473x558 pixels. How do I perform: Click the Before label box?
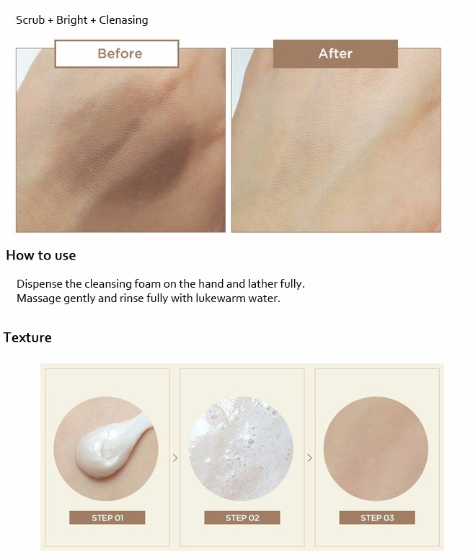click(x=117, y=54)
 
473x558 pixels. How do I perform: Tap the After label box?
click(x=335, y=54)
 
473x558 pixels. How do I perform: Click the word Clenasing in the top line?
click(x=123, y=20)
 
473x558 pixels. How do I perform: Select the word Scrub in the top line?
click(x=30, y=20)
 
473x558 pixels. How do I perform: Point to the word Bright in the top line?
click(x=71, y=20)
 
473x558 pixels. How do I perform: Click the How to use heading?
click(x=41, y=255)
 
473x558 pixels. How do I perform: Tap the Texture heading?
click(x=27, y=337)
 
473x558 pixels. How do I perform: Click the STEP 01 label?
click(x=107, y=518)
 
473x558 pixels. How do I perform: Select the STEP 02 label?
click(x=242, y=518)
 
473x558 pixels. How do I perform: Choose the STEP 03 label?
click(x=377, y=518)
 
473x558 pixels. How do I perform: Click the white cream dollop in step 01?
click(x=107, y=448)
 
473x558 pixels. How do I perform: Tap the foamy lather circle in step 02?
click(x=241, y=448)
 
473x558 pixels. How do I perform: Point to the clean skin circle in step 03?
click(x=376, y=448)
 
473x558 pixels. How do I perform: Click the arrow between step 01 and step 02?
click(x=175, y=458)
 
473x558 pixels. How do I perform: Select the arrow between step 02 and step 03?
click(x=309, y=458)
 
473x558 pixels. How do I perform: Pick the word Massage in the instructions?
click(x=39, y=298)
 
